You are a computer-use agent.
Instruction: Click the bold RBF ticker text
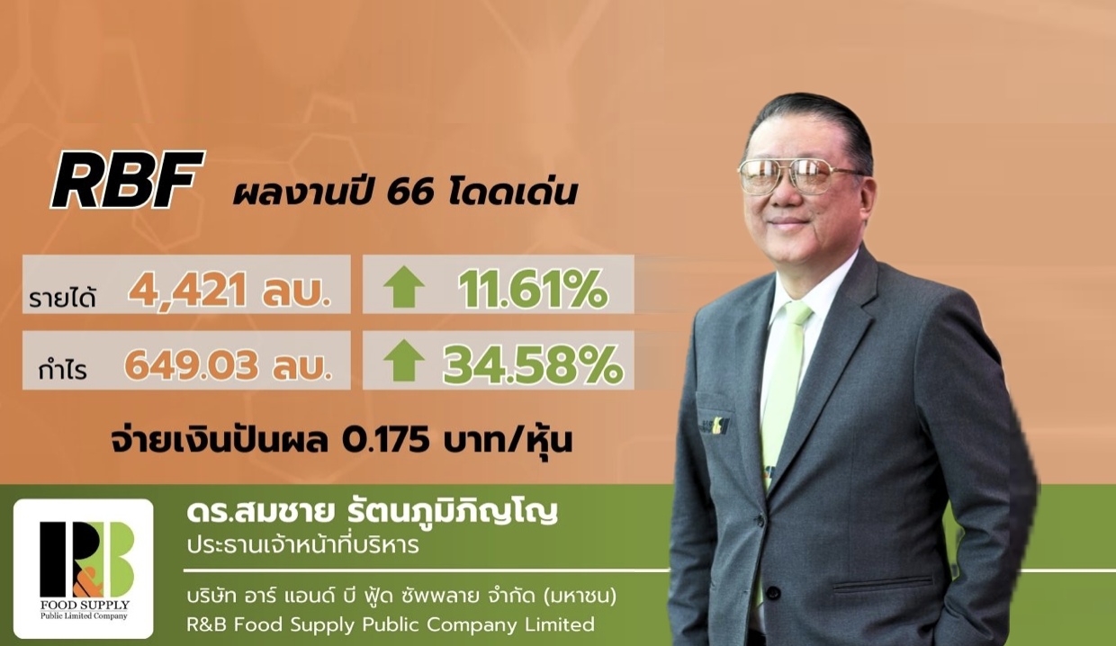point(128,179)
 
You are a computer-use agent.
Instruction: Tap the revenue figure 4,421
point(187,290)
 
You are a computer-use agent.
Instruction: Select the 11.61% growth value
point(533,290)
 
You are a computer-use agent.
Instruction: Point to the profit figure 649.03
point(192,365)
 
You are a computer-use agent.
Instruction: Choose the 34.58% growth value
point(533,365)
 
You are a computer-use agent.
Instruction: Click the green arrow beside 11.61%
point(404,287)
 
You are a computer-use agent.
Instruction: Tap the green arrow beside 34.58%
point(404,361)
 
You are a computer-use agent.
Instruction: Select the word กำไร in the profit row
point(63,369)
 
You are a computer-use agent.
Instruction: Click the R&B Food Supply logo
point(84,569)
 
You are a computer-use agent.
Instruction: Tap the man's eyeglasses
point(799,176)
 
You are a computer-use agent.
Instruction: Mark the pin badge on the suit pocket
point(715,426)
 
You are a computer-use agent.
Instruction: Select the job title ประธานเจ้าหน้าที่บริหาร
point(303,544)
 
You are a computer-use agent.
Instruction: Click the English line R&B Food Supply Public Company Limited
point(391,624)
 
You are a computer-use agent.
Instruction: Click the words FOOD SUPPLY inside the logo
point(85,606)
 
